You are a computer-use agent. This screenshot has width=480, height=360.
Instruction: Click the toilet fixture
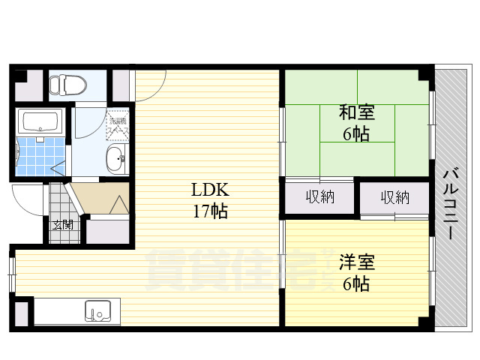(x=63, y=84)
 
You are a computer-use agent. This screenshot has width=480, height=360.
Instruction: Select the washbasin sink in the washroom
(x=115, y=158)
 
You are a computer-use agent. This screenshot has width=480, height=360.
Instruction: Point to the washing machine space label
(x=119, y=125)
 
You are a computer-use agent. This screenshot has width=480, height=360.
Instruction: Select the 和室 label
(x=356, y=113)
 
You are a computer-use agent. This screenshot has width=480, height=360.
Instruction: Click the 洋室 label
(x=356, y=263)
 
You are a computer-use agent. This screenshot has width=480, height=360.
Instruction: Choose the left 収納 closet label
(x=319, y=198)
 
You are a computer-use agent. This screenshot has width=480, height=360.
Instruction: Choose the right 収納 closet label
(x=394, y=198)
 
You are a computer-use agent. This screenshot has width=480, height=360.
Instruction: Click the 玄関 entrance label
(x=62, y=223)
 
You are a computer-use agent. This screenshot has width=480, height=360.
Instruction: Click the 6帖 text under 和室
(x=356, y=135)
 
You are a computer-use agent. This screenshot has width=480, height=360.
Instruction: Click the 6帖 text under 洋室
(x=356, y=284)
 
